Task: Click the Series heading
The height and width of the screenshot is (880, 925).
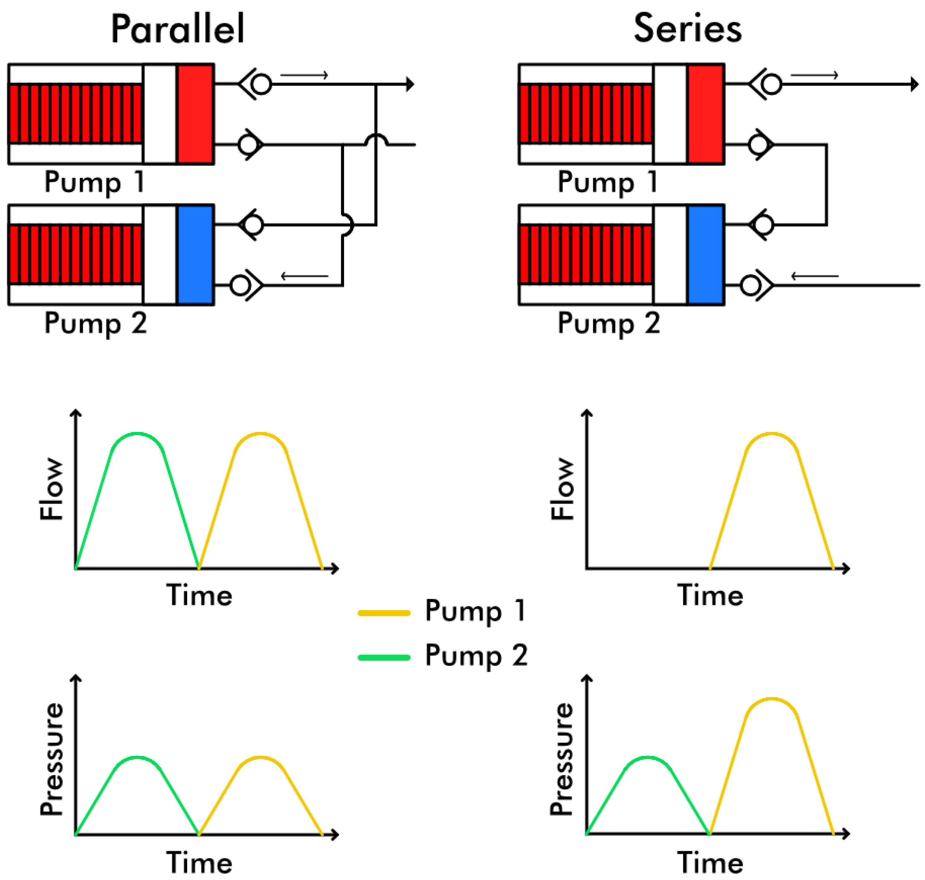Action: tap(688, 29)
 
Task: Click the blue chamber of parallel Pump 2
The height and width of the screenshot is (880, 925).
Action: tap(196, 255)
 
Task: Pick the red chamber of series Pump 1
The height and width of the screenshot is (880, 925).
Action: tap(705, 114)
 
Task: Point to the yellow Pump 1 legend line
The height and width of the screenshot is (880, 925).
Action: tap(384, 613)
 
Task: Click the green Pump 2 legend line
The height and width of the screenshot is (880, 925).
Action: tap(384, 657)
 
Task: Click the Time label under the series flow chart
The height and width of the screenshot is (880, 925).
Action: tap(710, 596)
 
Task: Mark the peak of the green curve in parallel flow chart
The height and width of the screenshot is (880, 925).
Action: tap(137, 434)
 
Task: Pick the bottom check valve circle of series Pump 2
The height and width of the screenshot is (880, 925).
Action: tap(750, 285)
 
